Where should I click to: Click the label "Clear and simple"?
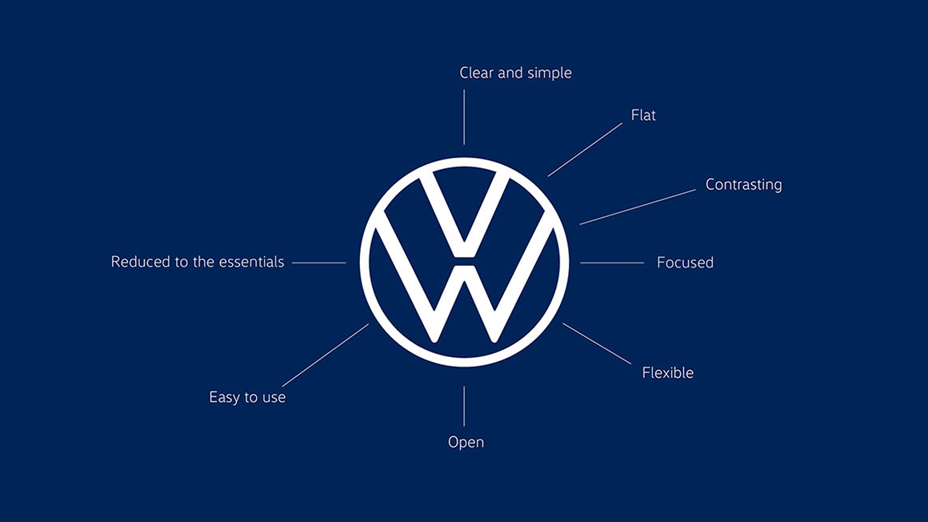point(515,73)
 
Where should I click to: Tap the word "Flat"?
point(643,115)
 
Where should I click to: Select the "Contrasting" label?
point(743,185)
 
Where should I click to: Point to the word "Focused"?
point(685,263)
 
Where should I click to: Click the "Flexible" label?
point(667,373)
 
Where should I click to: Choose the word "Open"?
point(466,443)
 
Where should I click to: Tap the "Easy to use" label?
point(247,398)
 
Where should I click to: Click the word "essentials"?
point(251,262)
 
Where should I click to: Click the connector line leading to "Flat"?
point(585,150)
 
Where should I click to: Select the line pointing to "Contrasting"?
point(638,207)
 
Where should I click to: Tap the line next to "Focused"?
point(612,263)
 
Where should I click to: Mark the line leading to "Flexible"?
point(597,343)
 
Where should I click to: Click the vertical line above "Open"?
point(464,407)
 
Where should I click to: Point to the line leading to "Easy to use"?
point(326,355)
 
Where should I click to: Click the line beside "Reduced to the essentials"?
point(319,263)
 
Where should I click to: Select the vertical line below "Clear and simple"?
point(464,118)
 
